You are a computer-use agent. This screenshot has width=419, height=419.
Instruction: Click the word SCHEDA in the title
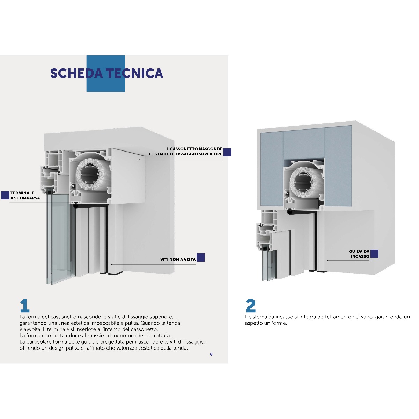point(76,73)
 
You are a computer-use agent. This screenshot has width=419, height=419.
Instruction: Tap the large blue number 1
point(24,306)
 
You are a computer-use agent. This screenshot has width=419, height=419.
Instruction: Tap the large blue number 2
point(250,306)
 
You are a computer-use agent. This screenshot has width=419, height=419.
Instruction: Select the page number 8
point(211,354)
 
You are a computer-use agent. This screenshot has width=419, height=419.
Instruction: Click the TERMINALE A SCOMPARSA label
point(25,195)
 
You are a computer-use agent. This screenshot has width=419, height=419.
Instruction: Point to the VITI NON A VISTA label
point(178,259)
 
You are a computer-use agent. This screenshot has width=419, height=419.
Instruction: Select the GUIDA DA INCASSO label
point(359,254)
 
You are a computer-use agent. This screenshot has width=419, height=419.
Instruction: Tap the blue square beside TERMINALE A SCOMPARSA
point(5,195)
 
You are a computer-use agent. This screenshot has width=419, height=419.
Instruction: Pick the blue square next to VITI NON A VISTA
point(200,257)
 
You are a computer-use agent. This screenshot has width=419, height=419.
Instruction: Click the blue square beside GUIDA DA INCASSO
point(374,254)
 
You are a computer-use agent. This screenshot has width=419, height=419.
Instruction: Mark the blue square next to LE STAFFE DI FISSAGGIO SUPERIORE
point(227,152)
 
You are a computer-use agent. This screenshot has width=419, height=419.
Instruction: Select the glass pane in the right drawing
point(269,265)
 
